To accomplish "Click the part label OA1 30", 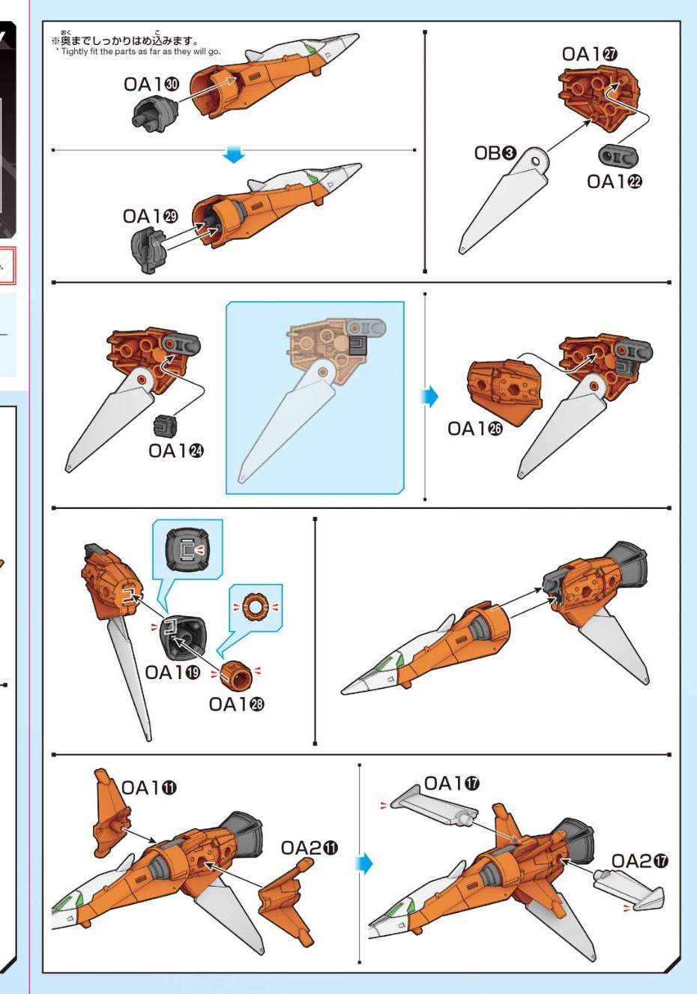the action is [x=151, y=84].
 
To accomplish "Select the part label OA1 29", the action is [x=150, y=216].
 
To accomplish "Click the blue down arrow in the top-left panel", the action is [x=233, y=154].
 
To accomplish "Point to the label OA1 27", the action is [x=590, y=54].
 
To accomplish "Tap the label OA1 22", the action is [x=615, y=181].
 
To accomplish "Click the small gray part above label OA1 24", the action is [x=165, y=425].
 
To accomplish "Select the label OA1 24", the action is [x=175, y=451].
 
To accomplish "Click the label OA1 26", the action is [x=475, y=429].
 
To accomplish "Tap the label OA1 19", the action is [x=172, y=672].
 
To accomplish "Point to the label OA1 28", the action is [x=237, y=704].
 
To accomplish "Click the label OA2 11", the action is [x=310, y=848].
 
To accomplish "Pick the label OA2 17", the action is [x=639, y=861].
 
